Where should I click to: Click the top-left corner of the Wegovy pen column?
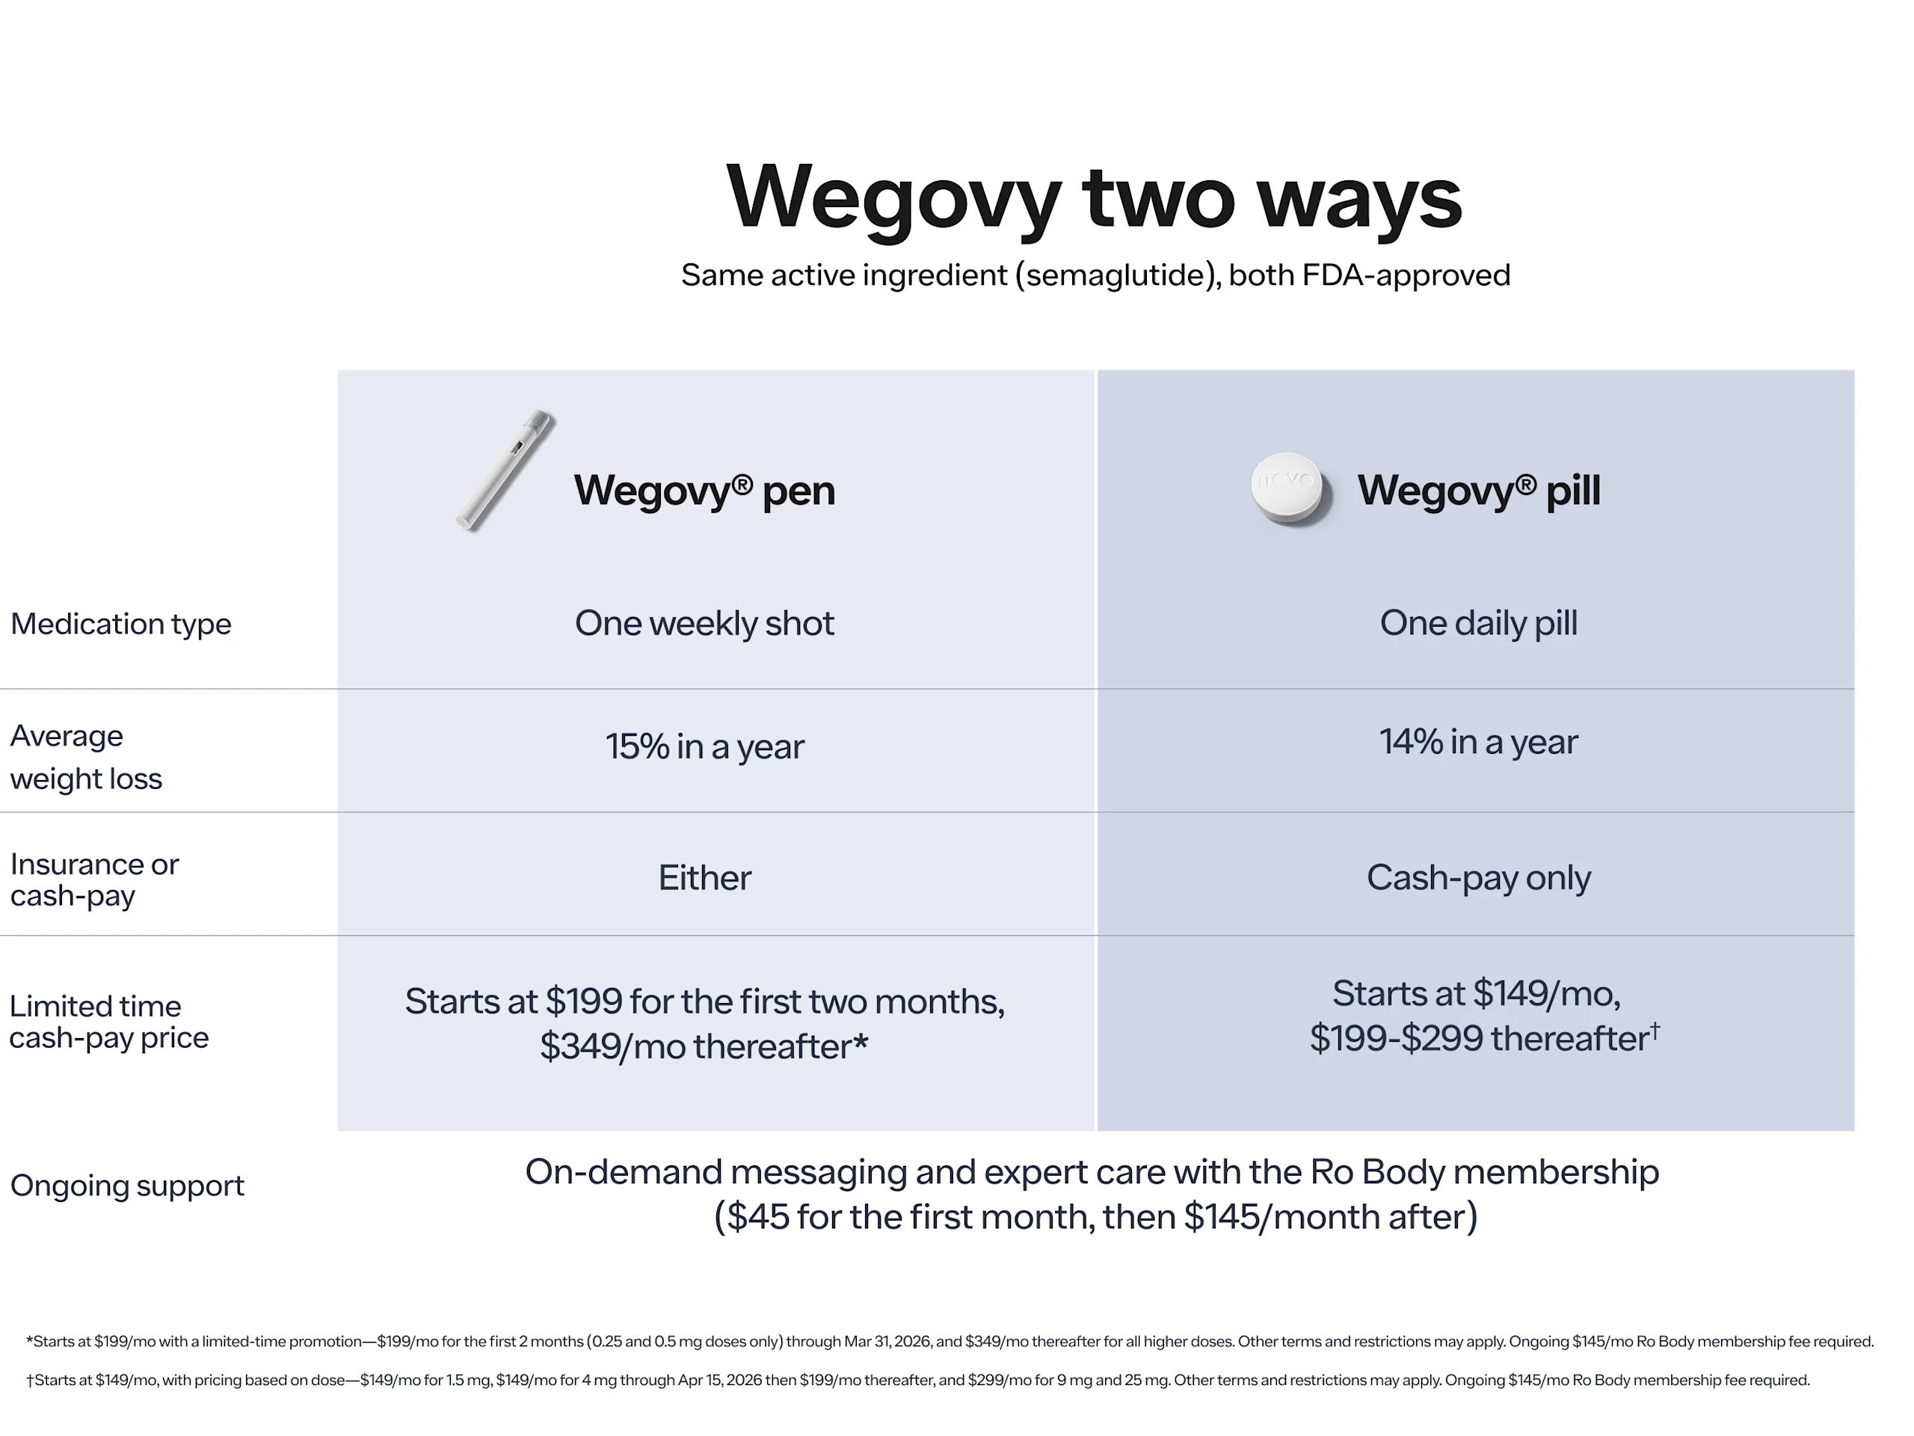[339, 370]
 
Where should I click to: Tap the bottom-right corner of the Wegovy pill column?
[1854, 1130]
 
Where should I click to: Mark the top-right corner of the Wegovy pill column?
[1854, 370]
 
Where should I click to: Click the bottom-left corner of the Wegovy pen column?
[339, 1130]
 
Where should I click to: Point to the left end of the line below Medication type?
[0, 689]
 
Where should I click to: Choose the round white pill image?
[1288, 489]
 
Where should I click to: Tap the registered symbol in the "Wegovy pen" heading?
[742, 484]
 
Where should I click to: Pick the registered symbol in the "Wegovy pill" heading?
[1525, 484]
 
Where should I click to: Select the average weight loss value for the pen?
[704, 746]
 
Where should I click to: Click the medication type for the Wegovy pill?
[1478, 623]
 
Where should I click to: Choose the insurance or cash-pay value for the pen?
[704, 878]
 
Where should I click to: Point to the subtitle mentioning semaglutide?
[1095, 275]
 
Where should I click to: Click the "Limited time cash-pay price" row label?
[109, 1022]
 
